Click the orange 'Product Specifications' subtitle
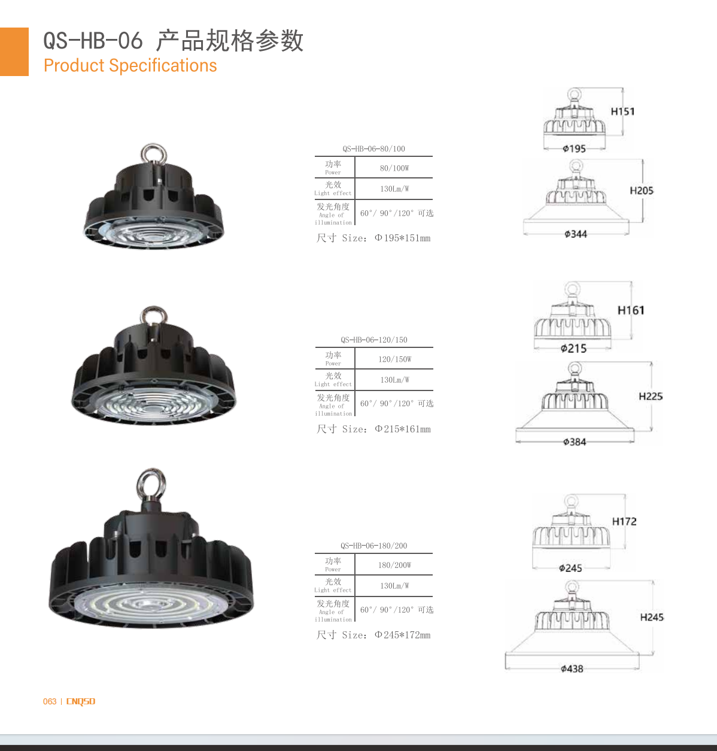coord(130,65)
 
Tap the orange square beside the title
coord(14,52)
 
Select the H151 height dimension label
coord(622,111)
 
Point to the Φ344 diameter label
coord(575,234)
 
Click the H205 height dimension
coord(642,190)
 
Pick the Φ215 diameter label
coord(573,349)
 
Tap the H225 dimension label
coord(651,396)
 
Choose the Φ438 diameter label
coord(572,669)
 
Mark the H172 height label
coord(624,522)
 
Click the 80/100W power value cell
coord(394,168)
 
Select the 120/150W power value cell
coord(394,359)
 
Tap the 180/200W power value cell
coord(394,565)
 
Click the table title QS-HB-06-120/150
coord(373,340)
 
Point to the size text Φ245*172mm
coord(402,635)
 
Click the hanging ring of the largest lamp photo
coord(151,484)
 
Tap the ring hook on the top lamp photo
coord(153,154)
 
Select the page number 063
coord(50,701)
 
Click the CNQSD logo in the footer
coord(81,701)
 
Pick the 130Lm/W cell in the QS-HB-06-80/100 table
coord(394,189)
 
